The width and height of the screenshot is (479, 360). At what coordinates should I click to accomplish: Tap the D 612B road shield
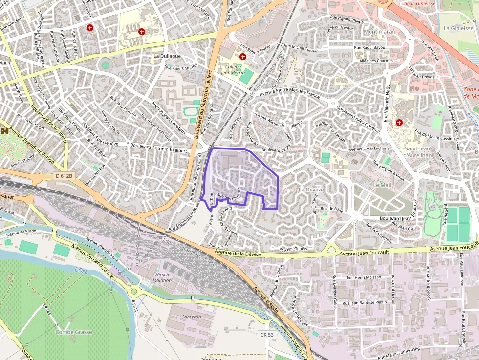point(64,176)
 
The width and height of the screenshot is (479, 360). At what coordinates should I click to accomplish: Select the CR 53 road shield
point(266,334)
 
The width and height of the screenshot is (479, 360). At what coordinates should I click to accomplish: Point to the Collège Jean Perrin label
point(232,69)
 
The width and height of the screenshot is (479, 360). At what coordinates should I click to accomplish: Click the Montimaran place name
point(379,31)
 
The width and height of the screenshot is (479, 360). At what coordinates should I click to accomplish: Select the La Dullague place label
point(167,56)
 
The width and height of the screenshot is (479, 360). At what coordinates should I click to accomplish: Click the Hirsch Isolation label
point(162,277)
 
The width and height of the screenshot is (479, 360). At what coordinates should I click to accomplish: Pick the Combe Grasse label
point(73,332)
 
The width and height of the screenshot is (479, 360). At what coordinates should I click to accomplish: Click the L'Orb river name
point(81,270)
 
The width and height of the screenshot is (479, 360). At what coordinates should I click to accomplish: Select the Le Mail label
point(382,186)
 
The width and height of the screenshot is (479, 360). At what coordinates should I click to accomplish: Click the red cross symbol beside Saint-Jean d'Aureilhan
point(399,122)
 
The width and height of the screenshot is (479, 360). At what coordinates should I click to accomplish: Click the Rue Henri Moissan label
point(363,277)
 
